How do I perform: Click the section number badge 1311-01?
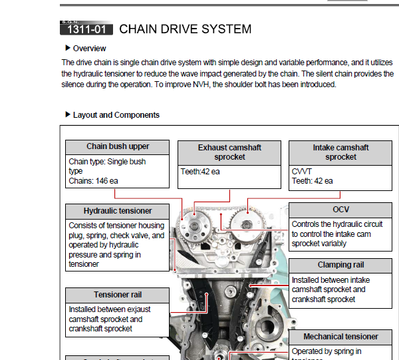(x=86, y=29)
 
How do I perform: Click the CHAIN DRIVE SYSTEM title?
(x=185, y=29)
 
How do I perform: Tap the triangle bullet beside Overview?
(x=68, y=48)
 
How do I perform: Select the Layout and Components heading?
(x=116, y=115)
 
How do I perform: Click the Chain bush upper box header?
(x=118, y=147)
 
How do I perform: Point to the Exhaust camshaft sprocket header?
(x=230, y=152)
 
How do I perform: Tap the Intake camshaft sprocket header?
(x=340, y=152)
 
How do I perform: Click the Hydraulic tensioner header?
(x=118, y=211)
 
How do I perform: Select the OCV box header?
(x=340, y=210)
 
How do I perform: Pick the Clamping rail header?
(x=340, y=265)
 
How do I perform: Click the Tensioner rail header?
(x=118, y=295)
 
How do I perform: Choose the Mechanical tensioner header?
(x=340, y=337)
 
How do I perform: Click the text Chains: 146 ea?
(x=94, y=180)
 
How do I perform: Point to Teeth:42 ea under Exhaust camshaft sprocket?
(x=200, y=172)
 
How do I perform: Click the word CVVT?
(x=301, y=172)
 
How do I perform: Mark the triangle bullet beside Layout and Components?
(x=68, y=114)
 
